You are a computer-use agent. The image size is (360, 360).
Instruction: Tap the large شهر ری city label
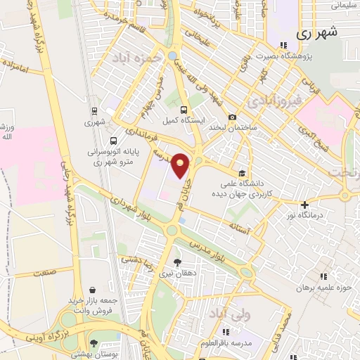pyautogui.click(x=317, y=32)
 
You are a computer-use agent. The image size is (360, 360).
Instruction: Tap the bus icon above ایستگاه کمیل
pyautogui.click(x=184, y=110)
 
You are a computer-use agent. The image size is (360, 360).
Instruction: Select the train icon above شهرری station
pyautogui.click(x=94, y=111)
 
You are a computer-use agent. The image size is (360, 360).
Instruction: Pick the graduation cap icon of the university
pyautogui.click(x=243, y=173)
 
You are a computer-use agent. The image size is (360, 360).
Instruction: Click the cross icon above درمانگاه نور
pyautogui.click(x=304, y=205)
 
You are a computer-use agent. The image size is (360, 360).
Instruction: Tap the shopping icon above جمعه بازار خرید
pyautogui.click(x=91, y=290)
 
